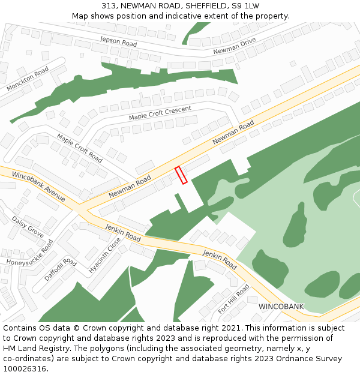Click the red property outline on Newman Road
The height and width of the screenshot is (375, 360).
pyautogui.click(x=181, y=175)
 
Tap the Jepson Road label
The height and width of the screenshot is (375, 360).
pyautogui.click(x=118, y=41)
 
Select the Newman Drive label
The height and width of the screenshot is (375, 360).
pyautogui.click(x=234, y=46)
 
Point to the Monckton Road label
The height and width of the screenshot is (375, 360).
pyautogui.click(x=28, y=79)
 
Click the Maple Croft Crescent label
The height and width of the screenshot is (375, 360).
pyautogui.click(x=160, y=112)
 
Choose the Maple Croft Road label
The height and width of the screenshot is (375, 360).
pyautogui.click(x=79, y=148)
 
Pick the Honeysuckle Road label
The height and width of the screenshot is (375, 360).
pyautogui.click(x=30, y=256)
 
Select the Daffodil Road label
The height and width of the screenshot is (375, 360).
pyautogui.click(x=60, y=270)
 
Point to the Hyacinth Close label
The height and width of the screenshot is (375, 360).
pyautogui.click(x=104, y=256)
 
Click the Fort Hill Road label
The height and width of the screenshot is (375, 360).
pyautogui.click(x=233, y=299)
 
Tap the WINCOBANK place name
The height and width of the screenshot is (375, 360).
pyautogui.click(x=281, y=307)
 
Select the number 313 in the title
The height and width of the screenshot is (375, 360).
pyautogui.click(x=109, y=5)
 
